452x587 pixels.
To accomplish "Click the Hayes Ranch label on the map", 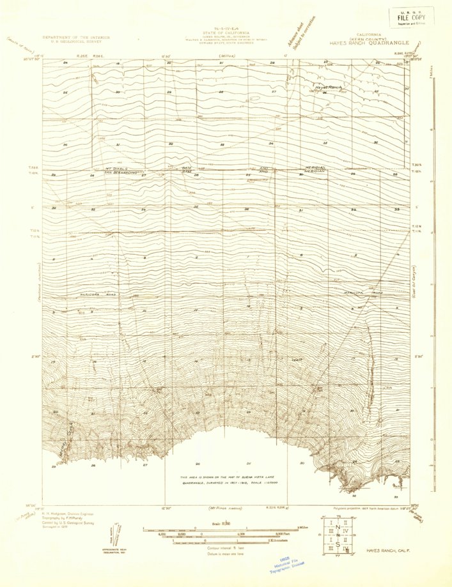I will tap(327, 86).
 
